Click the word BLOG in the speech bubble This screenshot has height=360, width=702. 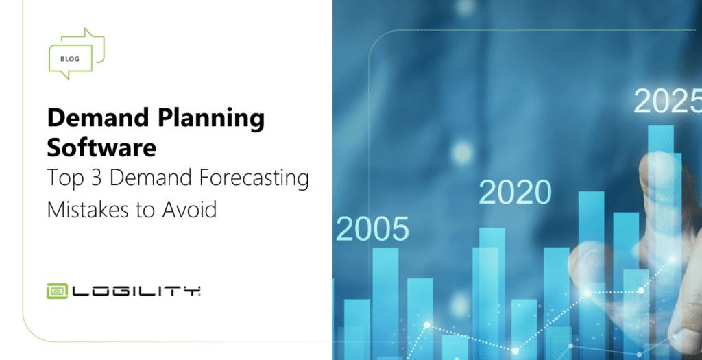tap(70, 59)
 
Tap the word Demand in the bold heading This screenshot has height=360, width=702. tap(98, 118)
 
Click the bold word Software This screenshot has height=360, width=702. tap(101, 147)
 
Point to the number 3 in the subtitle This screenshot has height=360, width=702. tap(97, 178)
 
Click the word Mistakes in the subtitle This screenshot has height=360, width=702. tap(87, 209)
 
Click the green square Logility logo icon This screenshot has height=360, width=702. tap(57, 291)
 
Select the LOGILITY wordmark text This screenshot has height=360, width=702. tap(136, 291)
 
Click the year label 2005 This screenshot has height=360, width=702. tap(372, 229)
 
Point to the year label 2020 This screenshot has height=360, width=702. tap(515, 193)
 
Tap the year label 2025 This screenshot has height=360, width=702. tap(668, 101)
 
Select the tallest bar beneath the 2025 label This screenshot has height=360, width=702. tap(661, 242)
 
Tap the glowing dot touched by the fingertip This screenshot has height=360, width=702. tap(672, 260)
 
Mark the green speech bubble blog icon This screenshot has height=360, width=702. tap(77, 53)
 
